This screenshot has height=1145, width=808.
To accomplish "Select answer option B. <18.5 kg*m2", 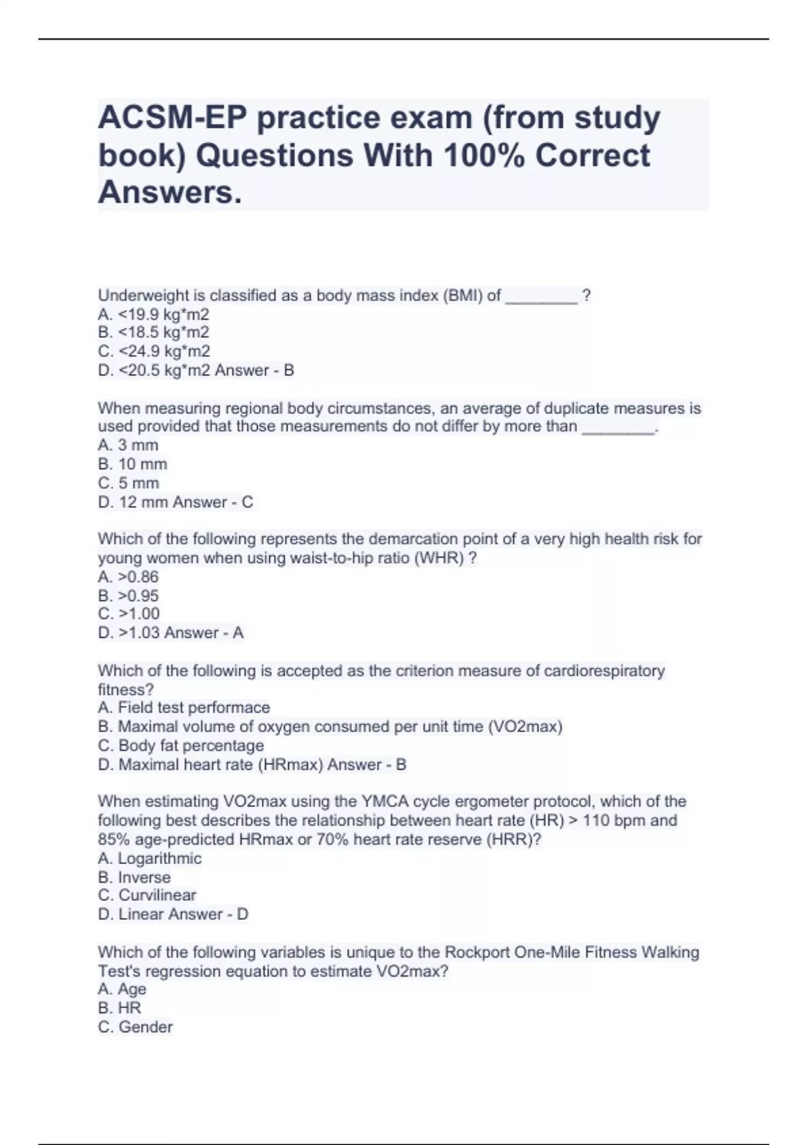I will click(154, 333).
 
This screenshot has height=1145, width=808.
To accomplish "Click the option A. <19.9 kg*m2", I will click(154, 315).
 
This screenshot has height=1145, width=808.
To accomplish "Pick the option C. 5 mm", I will click(129, 484).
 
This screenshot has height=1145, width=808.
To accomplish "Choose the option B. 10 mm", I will click(133, 465).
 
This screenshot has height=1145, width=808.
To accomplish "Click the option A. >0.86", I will click(128, 577).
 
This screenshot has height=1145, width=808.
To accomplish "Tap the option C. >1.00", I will click(129, 614).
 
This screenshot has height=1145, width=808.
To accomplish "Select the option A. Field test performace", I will click(184, 708).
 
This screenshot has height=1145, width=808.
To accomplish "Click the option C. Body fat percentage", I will click(180, 746).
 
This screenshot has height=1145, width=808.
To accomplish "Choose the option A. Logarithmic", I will click(149, 859).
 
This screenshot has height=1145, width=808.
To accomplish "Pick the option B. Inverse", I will click(134, 878).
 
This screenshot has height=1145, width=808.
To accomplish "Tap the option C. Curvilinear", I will click(147, 896).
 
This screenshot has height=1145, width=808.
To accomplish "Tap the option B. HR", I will click(119, 1008).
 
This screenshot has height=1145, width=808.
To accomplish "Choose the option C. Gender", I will click(135, 1027).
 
